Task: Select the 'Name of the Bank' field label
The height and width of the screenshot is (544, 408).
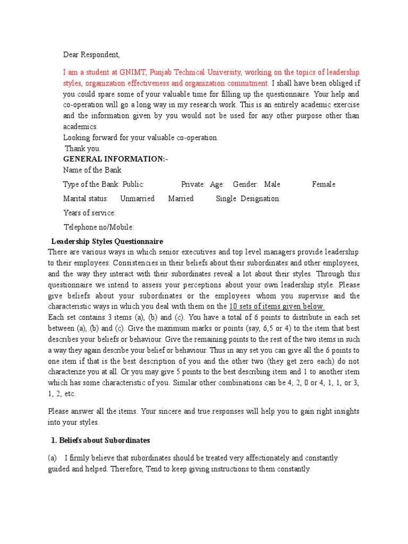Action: click(x=92, y=170)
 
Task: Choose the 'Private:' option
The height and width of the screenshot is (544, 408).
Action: click(x=193, y=184)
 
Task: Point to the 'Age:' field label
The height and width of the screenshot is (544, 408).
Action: click(x=217, y=184)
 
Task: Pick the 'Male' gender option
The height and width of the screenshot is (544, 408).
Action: click(x=272, y=184)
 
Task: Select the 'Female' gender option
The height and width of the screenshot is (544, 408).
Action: click(x=324, y=184)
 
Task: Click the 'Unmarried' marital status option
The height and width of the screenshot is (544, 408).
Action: click(x=137, y=199)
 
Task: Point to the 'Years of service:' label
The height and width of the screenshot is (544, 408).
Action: click(x=89, y=213)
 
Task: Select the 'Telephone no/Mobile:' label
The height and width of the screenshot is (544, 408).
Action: click(x=99, y=227)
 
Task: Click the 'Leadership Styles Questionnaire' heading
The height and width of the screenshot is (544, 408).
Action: click(x=107, y=241)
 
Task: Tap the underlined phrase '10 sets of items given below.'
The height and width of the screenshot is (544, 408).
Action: click(x=276, y=307)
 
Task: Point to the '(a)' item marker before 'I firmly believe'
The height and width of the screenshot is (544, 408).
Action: click(x=53, y=458)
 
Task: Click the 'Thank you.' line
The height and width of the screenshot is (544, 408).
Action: click(x=82, y=149)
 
